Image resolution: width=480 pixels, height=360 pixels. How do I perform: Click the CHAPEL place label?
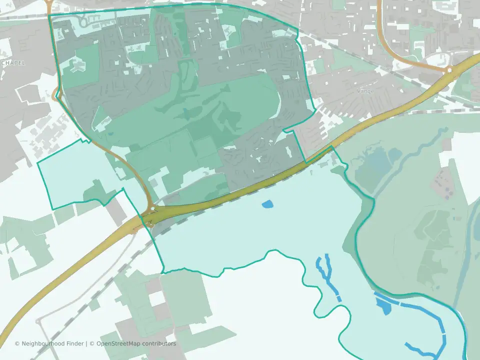coord(13,63)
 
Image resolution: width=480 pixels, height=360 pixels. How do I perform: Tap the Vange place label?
coord(365,91)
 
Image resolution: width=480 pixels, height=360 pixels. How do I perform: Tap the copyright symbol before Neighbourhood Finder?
coord(17,343)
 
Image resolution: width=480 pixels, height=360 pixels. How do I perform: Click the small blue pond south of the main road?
coord(267,204)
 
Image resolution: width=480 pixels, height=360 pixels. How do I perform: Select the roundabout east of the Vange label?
coord(449,70)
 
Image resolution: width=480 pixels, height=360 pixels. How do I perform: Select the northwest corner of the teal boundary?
coord(49,15)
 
